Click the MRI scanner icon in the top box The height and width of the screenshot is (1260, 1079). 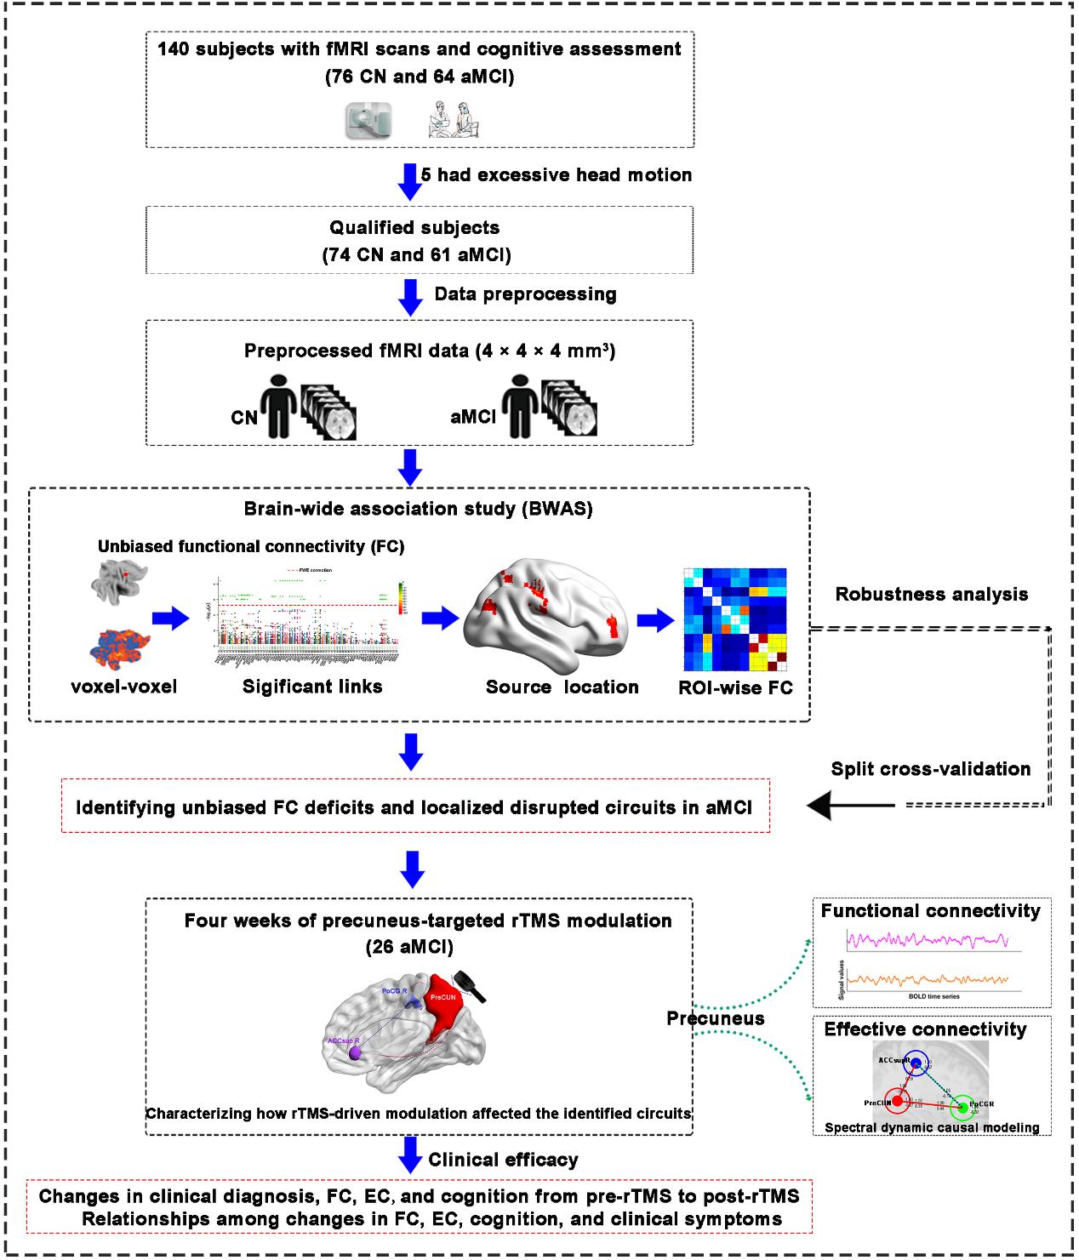[x=368, y=120]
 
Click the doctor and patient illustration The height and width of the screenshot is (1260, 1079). [x=453, y=120]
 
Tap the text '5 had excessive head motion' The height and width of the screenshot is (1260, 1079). [x=557, y=175]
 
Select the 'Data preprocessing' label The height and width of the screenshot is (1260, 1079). [x=525, y=294]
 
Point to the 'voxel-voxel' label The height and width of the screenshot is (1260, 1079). [x=124, y=687]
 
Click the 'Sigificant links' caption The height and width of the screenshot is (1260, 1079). [x=312, y=687]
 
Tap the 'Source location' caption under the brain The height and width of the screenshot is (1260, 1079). [x=562, y=687]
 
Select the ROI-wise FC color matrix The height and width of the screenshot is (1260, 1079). [x=735, y=620]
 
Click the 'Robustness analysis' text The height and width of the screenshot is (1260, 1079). [x=931, y=595]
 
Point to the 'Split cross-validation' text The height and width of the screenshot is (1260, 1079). [x=930, y=769]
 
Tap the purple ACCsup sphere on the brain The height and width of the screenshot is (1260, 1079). [x=355, y=1053]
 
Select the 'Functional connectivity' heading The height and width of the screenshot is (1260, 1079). [x=930, y=911]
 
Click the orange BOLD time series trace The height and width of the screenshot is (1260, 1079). [x=928, y=980]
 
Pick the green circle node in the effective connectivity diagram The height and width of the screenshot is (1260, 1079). [x=962, y=1107]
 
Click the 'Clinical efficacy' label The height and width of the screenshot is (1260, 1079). [x=503, y=1160]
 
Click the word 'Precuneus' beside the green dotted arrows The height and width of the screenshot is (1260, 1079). [x=715, y=1018]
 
